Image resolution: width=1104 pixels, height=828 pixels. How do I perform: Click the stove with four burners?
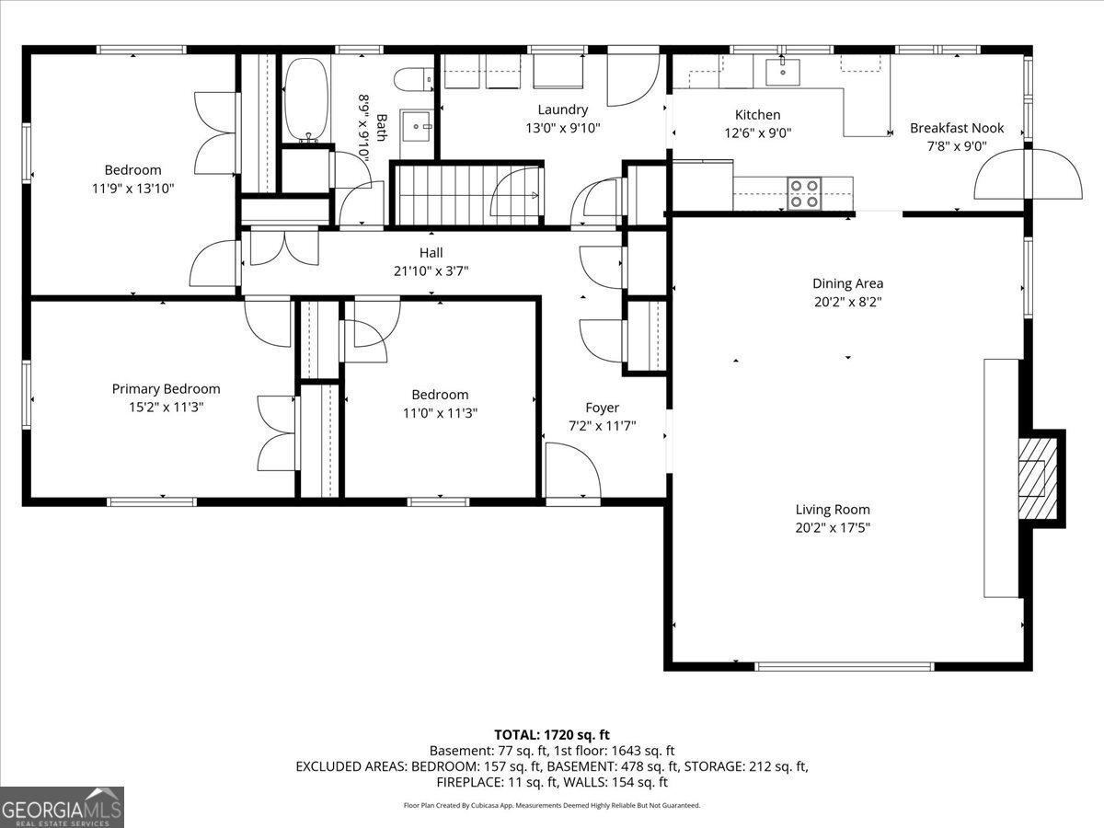804,193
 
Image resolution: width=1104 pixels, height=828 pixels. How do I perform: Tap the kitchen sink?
783,72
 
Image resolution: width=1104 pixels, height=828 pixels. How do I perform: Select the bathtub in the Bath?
306,99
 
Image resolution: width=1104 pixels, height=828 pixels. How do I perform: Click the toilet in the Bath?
413,80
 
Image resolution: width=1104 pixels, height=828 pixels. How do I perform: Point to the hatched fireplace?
1038,478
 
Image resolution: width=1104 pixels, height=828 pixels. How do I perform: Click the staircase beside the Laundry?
467,195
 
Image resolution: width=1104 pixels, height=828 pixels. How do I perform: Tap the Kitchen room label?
757,115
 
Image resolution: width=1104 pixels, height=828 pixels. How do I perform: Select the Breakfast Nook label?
957,128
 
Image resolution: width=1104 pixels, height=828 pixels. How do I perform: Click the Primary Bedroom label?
166,388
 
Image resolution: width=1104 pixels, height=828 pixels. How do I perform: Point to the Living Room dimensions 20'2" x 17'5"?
833,528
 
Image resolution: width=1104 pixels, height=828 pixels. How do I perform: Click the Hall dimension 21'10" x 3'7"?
431,271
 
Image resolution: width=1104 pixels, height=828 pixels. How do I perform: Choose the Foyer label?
602,408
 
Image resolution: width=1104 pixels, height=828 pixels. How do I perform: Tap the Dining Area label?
848,283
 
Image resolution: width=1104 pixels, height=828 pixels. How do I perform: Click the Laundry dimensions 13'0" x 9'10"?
563,128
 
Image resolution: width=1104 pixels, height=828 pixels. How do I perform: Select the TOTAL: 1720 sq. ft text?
552,735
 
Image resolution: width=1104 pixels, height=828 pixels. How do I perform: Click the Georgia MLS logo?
62,807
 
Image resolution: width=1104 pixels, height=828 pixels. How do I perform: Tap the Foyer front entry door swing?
573,471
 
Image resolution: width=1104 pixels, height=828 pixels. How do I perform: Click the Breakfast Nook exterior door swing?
1029,174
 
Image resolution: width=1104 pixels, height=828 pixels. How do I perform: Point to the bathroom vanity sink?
417,127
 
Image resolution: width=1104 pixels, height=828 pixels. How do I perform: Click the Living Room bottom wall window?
845,667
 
